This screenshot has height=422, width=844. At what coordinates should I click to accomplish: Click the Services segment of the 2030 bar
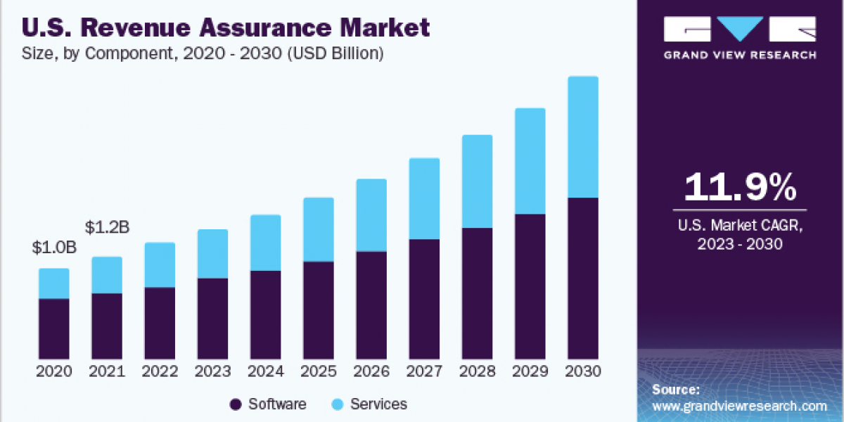pyautogui.click(x=582, y=137)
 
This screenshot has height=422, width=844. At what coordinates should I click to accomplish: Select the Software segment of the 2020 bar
pyautogui.click(x=53, y=328)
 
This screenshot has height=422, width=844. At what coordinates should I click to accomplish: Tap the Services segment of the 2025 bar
pyautogui.click(x=319, y=229)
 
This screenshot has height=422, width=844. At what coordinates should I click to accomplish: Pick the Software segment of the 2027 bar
pyautogui.click(x=424, y=299)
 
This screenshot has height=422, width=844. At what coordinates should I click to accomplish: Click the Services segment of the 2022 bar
pyautogui.click(x=160, y=264)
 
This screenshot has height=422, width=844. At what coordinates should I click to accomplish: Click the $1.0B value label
pyautogui.click(x=53, y=248)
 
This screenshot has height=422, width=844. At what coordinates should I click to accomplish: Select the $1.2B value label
pyautogui.click(x=107, y=227)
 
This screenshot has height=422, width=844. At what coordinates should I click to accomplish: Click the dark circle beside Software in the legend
pyautogui.click(x=236, y=404)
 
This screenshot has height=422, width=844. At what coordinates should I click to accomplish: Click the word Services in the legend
pyautogui.click(x=378, y=404)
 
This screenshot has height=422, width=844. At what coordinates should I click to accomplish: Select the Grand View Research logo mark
pyautogui.click(x=739, y=29)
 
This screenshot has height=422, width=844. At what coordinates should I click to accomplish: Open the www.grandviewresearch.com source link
pyautogui.click(x=739, y=406)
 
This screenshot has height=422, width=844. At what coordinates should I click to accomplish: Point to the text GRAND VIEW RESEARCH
pyautogui.click(x=739, y=55)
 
